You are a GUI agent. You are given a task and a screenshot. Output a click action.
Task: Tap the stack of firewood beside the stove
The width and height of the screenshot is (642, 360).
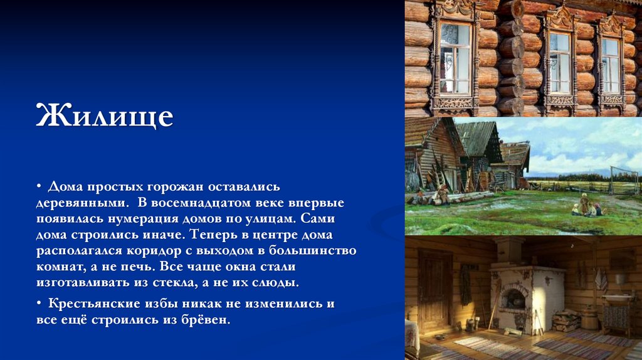pyautogui.click(x=566, y=320)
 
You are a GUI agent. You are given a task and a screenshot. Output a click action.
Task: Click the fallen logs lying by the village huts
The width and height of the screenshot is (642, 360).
pyautogui.click(x=458, y=198)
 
